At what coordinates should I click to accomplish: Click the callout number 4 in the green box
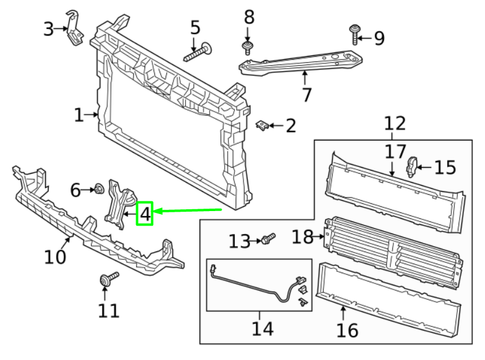pos(145,213)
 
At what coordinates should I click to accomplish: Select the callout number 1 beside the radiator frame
pos(79,115)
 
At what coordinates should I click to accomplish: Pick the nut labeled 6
pos(97,191)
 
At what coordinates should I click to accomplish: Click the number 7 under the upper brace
pos(306,95)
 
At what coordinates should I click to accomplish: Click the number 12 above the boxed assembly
pos(395,124)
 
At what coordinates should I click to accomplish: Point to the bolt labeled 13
pos(268,239)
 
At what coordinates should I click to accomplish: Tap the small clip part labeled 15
pos(413,166)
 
